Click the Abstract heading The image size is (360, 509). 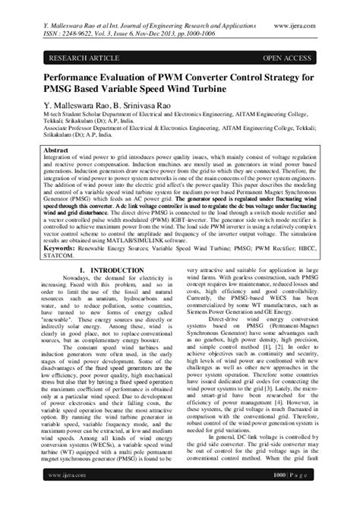click(58, 152)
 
